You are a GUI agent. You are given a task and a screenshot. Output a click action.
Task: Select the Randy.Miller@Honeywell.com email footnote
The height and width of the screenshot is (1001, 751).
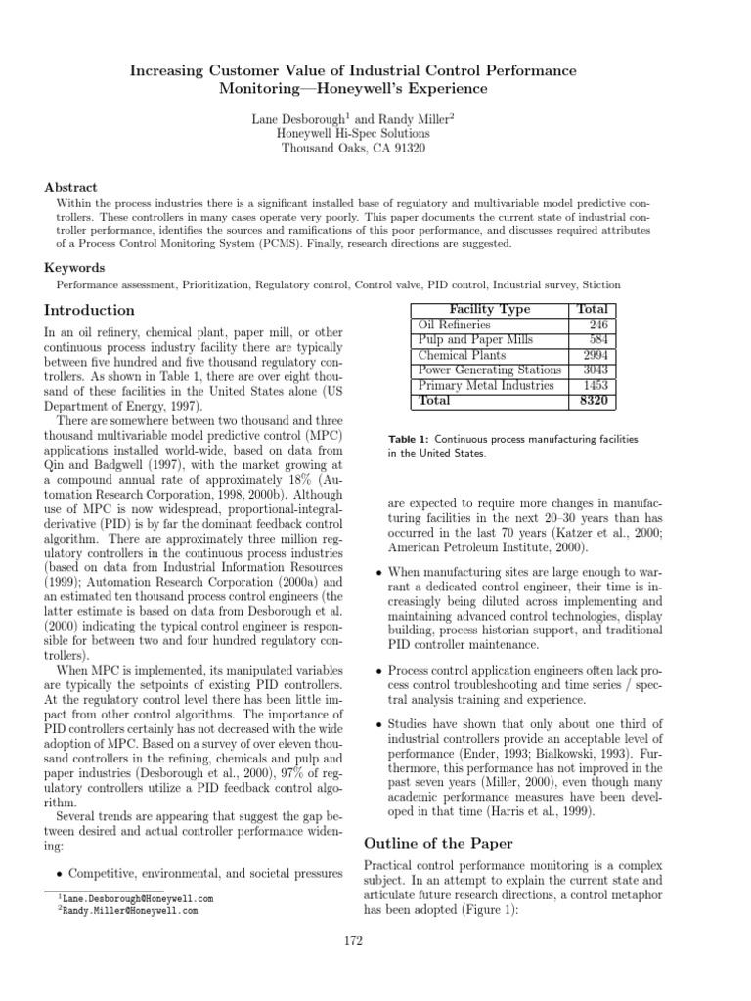(132, 910)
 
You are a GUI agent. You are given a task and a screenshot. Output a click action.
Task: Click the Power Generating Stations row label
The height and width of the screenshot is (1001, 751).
(489, 370)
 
